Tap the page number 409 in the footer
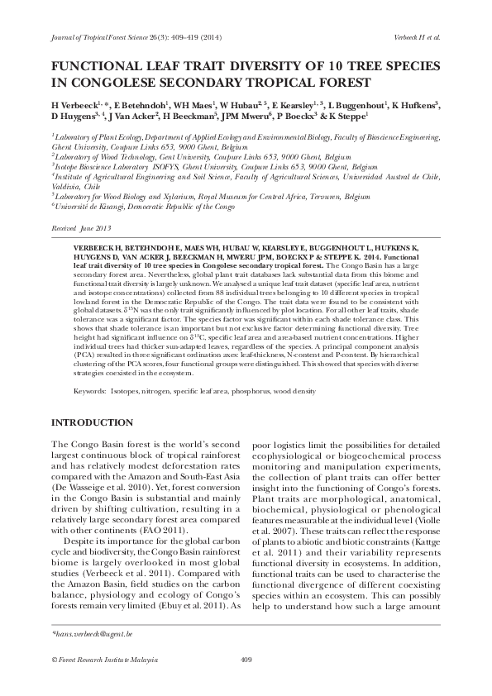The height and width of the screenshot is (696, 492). coord(246,659)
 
